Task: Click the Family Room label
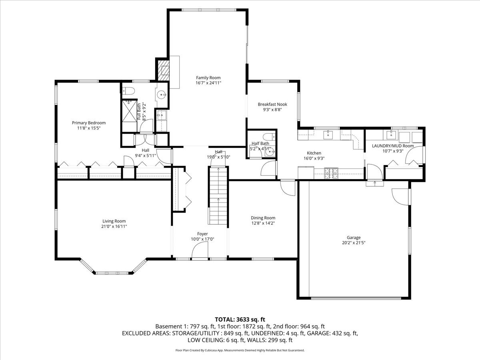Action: [208, 78]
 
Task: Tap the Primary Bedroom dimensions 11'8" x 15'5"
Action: [89, 128]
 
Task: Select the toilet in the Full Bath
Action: [128, 91]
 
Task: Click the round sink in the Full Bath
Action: [162, 95]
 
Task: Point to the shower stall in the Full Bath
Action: [129, 111]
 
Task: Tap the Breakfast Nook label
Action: [272, 104]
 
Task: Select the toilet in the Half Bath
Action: [269, 137]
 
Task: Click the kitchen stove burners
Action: [331, 174]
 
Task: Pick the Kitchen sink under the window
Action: [328, 135]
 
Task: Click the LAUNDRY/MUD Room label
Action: [393, 146]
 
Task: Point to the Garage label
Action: [354, 237]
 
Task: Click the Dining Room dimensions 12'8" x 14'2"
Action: [263, 223]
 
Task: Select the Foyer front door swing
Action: [200, 250]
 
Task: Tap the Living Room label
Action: [114, 221]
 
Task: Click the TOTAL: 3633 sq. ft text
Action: [240, 320]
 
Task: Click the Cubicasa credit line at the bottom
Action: [240, 350]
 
